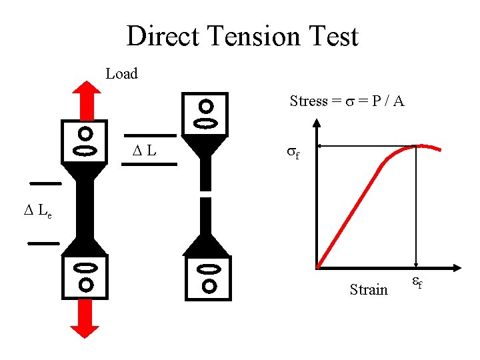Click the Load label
(121, 74)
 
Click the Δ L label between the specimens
(144, 151)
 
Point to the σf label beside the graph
(293, 152)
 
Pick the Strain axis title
(369, 289)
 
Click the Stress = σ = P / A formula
(347, 101)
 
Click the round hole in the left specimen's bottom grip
(85, 285)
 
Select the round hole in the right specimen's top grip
(207, 106)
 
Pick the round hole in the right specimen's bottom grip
(209, 287)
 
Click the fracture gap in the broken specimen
(206, 193)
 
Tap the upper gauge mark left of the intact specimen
(45, 182)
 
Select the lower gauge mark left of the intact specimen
(43, 243)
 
